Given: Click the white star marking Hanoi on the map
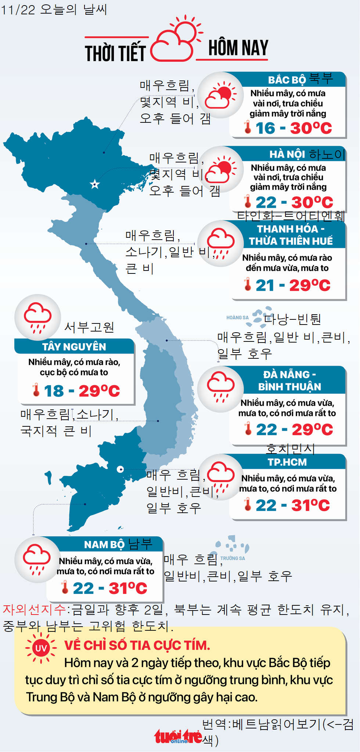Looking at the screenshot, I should point(95,184).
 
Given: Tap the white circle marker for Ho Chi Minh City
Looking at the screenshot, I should point(120,469).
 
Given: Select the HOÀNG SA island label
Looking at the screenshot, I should point(237,318).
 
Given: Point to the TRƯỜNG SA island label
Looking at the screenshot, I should point(233,558).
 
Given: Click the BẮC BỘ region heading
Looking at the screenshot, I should point(287,80).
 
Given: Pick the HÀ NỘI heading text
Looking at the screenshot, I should point(287,154).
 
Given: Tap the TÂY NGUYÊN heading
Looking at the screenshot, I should point(74,347).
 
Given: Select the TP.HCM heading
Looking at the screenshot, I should point(287,462).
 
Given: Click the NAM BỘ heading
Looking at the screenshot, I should point(104,544).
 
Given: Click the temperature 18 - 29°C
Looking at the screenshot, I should point(82,391).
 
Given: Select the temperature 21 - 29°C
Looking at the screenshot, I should point(292,285).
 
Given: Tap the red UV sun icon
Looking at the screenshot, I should point(40,648).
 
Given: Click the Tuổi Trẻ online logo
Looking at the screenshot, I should point(178,737).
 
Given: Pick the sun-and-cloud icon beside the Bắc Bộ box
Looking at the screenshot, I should point(220,95).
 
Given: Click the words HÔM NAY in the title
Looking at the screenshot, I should point(238,48).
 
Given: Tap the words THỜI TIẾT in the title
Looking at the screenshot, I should point(115,53).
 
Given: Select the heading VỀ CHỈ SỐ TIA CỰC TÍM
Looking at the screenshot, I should point(137,645).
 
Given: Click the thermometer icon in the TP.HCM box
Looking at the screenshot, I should point(248,504).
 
